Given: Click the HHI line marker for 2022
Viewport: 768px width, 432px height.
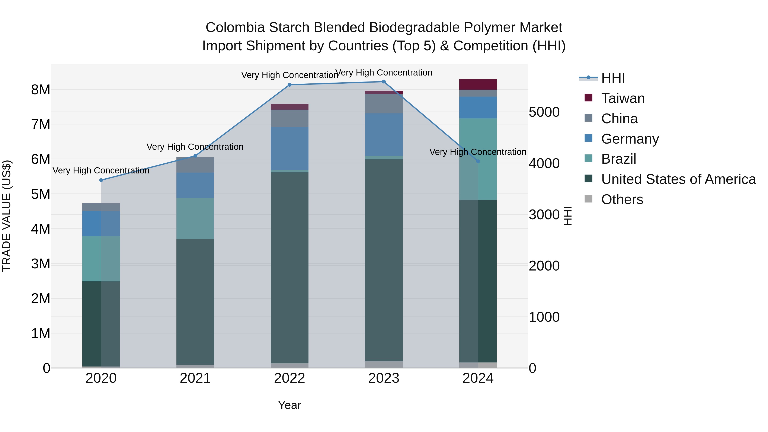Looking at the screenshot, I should (x=289, y=85).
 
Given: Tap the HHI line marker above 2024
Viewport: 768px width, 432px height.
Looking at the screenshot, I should (x=478, y=161).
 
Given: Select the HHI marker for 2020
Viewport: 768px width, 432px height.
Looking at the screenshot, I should (x=101, y=180).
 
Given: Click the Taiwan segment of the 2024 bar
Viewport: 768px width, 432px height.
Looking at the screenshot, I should (x=478, y=84).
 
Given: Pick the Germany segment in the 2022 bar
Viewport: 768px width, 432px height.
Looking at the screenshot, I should (x=289, y=148).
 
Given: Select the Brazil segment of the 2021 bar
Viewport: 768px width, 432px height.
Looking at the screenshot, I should (x=195, y=218).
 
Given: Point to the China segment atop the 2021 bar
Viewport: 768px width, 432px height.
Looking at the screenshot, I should (x=195, y=165).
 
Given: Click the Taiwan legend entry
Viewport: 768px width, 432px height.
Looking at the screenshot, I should (x=623, y=98).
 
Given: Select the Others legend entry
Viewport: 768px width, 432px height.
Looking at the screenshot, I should (x=622, y=199).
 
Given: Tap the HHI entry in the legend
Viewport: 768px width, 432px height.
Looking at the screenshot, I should (x=613, y=78).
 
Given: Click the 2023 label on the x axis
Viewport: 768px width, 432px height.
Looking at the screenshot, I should (x=384, y=378).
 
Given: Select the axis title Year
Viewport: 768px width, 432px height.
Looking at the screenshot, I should (x=289, y=405).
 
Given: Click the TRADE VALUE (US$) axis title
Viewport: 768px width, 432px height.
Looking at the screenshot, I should (x=7, y=216).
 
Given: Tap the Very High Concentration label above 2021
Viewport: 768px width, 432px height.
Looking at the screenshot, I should (x=195, y=147).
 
